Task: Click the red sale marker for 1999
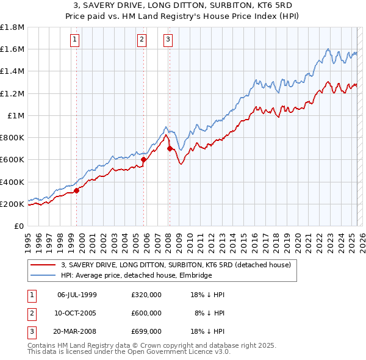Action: pyautogui.click(x=77, y=190)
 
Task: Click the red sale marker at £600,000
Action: pyautogui.click(x=144, y=160)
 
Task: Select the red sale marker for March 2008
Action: pyautogui.click(x=170, y=148)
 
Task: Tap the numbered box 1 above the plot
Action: pyautogui.click(x=74, y=40)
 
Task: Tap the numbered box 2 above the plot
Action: pyautogui.click(x=142, y=40)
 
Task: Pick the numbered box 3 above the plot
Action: pyautogui.click(x=168, y=40)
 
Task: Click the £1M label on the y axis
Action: pyautogui.click(x=16, y=115)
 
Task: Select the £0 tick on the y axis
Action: pyautogui.click(x=19, y=226)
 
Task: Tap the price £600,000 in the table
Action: pyautogui.click(x=146, y=313)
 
